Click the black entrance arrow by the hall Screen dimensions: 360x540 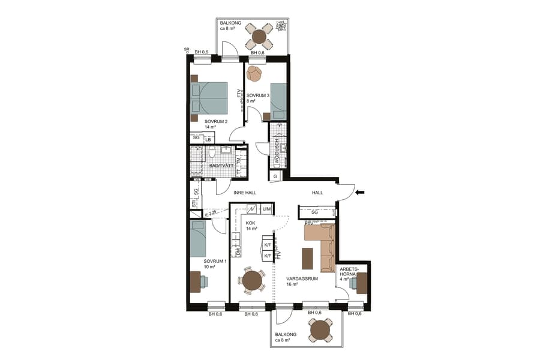359,193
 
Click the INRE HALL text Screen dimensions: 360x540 245,193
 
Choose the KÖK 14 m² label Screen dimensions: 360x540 252,226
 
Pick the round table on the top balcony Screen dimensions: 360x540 259,37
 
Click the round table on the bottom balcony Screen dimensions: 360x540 321,329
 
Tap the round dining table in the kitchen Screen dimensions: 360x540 252,280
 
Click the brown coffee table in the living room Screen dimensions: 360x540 308,259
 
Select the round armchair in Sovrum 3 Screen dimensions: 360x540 255,73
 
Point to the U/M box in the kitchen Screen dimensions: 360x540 266,209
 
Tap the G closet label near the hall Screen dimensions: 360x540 275,176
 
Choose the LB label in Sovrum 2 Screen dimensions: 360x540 208,140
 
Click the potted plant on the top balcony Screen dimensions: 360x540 280,27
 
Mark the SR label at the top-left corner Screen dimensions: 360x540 187,50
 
